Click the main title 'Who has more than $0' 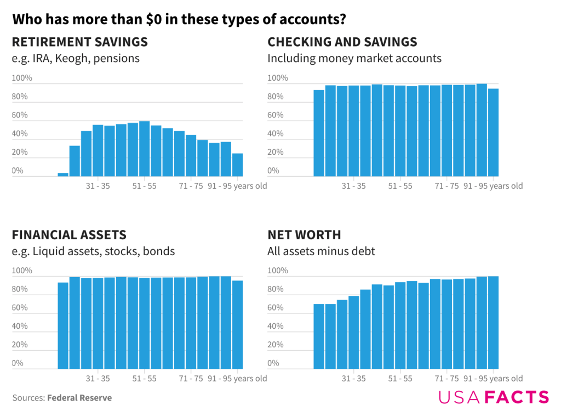(x=179, y=20)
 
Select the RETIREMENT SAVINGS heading (x=80, y=42)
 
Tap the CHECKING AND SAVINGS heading (x=342, y=42)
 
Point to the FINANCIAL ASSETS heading (x=69, y=235)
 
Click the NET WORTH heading (x=304, y=235)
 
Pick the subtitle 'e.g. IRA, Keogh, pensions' (x=76, y=58)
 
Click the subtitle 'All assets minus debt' (x=321, y=251)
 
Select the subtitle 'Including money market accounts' (x=354, y=58)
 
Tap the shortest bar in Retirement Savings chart (x=63, y=175)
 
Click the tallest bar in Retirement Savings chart (x=145, y=149)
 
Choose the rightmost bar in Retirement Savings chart (x=237, y=165)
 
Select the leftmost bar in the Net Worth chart (x=319, y=336)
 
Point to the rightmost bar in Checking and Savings (x=493, y=132)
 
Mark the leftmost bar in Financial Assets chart (x=63, y=325)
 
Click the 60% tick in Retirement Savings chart (x=20, y=115)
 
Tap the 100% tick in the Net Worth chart (x=277, y=271)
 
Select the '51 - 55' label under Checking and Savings (x=400, y=186)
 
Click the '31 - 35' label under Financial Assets (x=98, y=379)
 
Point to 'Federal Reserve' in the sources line (x=79, y=398)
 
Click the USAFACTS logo (x=493, y=397)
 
